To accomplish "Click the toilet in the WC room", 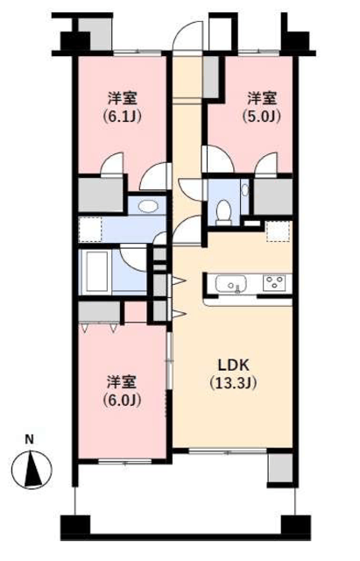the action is [x=224, y=212].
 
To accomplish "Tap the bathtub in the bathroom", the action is [x=95, y=272].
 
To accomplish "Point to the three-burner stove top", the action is [x=274, y=283].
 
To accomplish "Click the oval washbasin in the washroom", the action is [x=148, y=206].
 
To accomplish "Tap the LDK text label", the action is [x=234, y=366].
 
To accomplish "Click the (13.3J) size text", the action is [x=234, y=383].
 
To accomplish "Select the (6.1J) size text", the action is [x=123, y=117].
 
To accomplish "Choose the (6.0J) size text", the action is [x=123, y=400].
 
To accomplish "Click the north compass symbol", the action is [x=32, y=470].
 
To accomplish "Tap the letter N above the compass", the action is [x=29, y=439].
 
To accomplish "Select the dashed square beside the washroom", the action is [x=90, y=230].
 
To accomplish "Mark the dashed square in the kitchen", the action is [x=279, y=231].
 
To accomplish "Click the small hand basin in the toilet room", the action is [x=244, y=190].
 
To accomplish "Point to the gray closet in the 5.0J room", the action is [x=273, y=196].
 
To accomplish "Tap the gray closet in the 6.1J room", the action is [x=101, y=195].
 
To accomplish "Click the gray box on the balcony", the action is [x=280, y=468].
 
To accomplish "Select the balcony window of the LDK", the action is [x=228, y=452].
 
